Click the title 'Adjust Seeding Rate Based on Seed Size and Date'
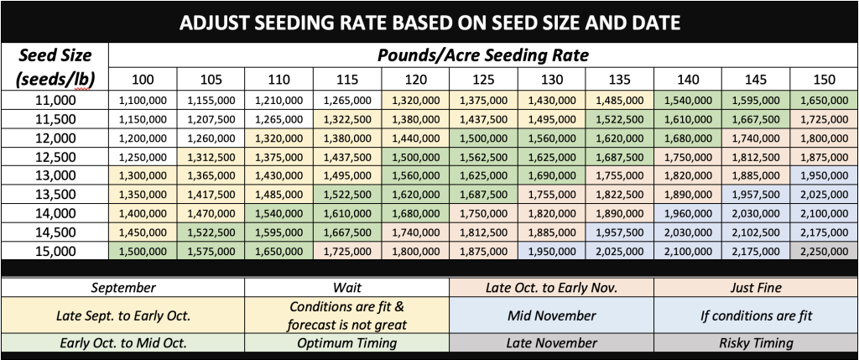[x=429, y=21]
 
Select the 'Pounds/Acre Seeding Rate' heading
[x=482, y=56]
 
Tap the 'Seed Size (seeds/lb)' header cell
[x=55, y=68]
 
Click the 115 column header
[x=347, y=80]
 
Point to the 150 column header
[x=824, y=80]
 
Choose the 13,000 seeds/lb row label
[x=55, y=175]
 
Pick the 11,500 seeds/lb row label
[x=55, y=118]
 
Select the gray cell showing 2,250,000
[x=824, y=251]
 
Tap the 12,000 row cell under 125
[x=484, y=138]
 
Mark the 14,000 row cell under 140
[x=688, y=213]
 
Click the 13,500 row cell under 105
[x=211, y=195]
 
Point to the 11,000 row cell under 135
[x=619, y=100]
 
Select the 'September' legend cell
[x=123, y=287]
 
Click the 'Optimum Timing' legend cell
[x=346, y=342]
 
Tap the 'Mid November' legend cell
[x=552, y=316]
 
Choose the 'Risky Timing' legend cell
[x=755, y=342]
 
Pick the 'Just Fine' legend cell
[x=755, y=287]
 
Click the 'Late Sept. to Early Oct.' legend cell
[x=123, y=316]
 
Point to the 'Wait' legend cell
[x=346, y=287]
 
